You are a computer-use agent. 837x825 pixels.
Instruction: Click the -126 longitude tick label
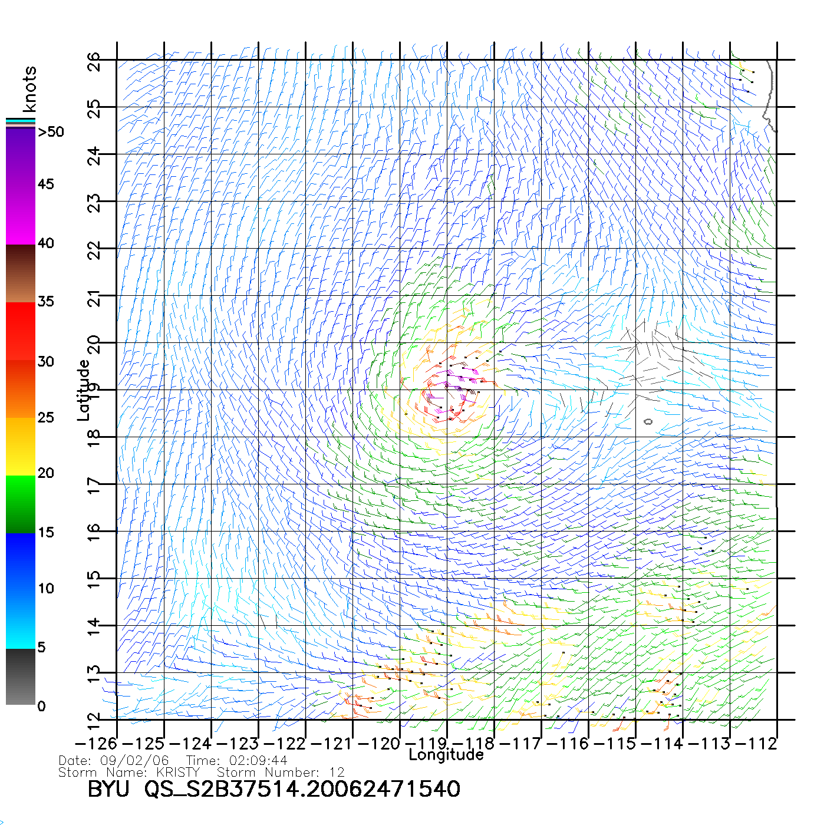(x=96, y=744)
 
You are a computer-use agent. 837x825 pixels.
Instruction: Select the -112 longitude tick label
(x=756, y=744)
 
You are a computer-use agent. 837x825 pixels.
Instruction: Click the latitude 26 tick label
(x=94, y=61)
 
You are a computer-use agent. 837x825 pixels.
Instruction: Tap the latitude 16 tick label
(x=94, y=533)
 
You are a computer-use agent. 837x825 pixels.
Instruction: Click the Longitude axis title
(x=446, y=755)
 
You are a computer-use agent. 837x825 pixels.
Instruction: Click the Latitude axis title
(x=84, y=390)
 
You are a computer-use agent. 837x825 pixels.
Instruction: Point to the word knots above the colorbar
(x=29, y=89)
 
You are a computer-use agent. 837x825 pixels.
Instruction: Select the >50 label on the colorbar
(x=51, y=132)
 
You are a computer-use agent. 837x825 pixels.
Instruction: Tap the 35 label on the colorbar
(x=46, y=302)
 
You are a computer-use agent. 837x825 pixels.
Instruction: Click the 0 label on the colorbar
(x=41, y=706)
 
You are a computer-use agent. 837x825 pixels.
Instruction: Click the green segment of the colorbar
(x=21, y=504)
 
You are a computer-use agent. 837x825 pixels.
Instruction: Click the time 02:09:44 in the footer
(x=253, y=761)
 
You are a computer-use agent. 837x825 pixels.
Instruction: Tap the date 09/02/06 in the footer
(x=134, y=761)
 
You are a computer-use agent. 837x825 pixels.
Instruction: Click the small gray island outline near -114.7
(x=648, y=421)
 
